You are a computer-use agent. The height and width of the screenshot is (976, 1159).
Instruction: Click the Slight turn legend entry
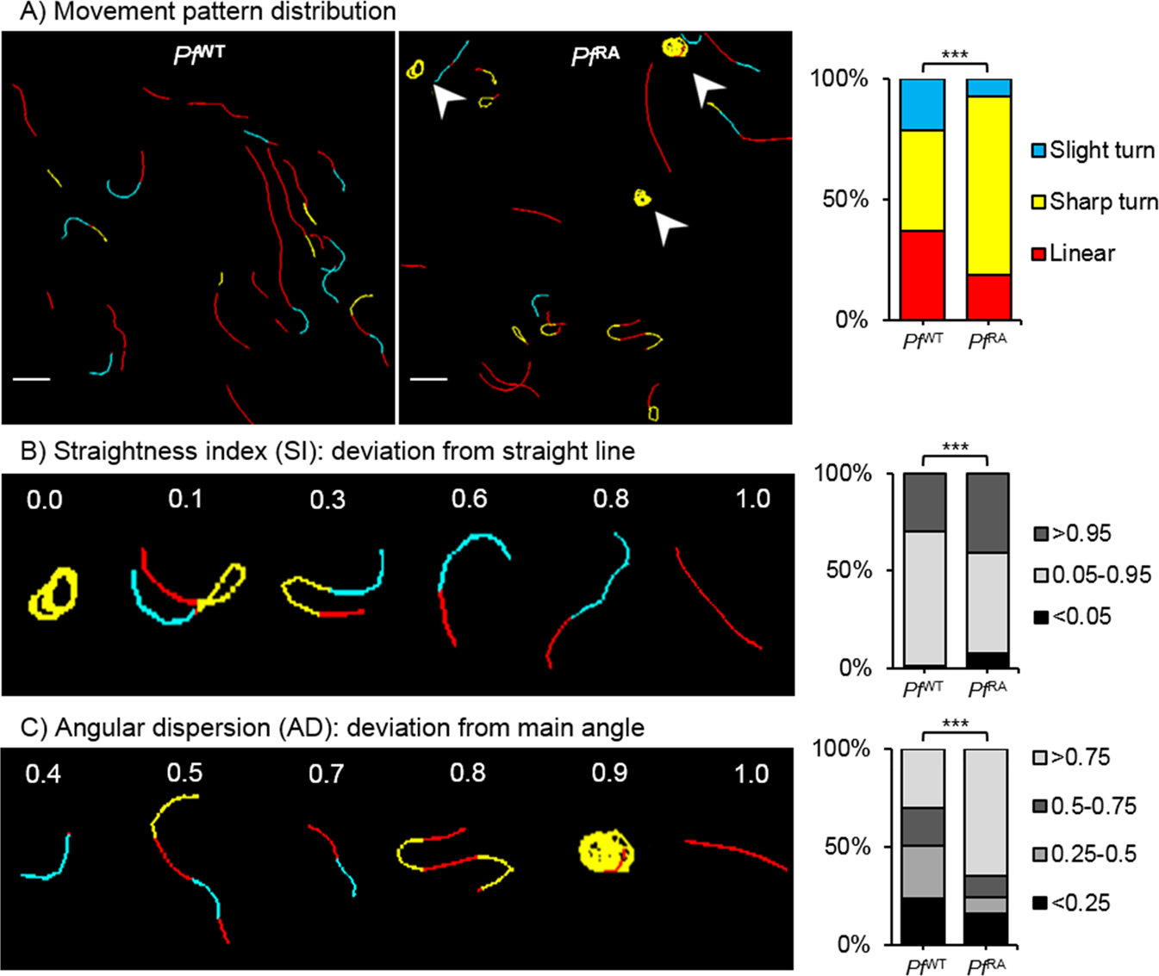(x=1094, y=150)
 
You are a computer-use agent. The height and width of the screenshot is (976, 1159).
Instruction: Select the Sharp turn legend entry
(x=1094, y=202)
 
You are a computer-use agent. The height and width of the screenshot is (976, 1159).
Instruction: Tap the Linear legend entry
(x=1074, y=253)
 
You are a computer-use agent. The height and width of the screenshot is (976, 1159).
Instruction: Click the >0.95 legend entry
(x=1073, y=533)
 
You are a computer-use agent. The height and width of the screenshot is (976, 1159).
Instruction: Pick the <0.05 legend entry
(x=1073, y=617)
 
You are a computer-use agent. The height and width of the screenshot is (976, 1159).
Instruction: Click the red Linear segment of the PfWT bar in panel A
(x=922, y=275)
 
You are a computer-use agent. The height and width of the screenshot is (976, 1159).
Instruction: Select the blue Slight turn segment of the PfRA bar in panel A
(x=988, y=88)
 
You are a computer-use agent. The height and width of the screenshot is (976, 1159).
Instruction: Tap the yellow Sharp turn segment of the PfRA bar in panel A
(x=988, y=185)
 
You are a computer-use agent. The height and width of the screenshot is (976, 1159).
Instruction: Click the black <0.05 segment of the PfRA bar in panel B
(x=988, y=660)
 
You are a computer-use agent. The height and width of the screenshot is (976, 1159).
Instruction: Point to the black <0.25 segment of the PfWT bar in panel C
(x=923, y=921)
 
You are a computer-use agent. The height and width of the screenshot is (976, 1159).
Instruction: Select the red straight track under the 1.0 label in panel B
(x=718, y=598)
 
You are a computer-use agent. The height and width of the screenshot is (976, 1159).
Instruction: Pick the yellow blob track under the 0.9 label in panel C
(x=607, y=850)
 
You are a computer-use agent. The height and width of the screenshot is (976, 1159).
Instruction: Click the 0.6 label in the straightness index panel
(x=469, y=499)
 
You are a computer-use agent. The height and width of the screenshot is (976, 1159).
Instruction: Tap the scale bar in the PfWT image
(x=32, y=379)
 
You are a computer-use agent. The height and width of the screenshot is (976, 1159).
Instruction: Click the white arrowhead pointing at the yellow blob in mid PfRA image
(x=670, y=227)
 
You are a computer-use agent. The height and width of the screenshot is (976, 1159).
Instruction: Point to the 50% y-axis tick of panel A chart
(x=844, y=200)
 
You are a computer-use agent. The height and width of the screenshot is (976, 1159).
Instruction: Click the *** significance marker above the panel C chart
(x=955, y=724)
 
